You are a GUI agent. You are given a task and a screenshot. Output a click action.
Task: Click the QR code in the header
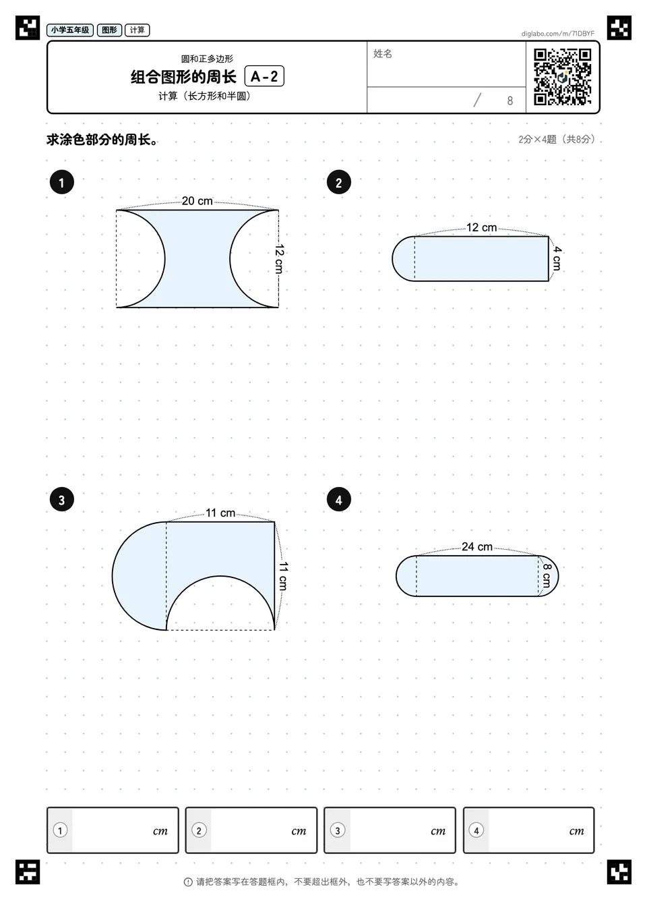tap(563, 77)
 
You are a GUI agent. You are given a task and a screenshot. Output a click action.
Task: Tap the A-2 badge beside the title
tap(264, 76)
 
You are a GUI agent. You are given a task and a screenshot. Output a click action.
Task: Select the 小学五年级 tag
tap(70, 30)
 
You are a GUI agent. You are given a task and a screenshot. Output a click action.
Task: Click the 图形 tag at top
tap(109, 30)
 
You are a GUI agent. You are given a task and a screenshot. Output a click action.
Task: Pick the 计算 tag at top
tap(137, 30)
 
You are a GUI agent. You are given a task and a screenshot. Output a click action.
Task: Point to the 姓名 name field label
tap(383, 53)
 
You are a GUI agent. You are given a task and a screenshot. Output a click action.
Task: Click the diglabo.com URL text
tap(557, 34)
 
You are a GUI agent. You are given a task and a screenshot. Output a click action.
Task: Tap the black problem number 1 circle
tap(62, 182)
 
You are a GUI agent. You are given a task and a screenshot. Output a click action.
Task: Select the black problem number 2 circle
tap(339, 182)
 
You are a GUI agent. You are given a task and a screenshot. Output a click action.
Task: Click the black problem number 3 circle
tap(62, 500)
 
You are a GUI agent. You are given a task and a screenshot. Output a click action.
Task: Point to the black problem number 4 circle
tap(339, 500)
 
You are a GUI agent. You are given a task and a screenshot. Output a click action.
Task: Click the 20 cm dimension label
tap(197, 201)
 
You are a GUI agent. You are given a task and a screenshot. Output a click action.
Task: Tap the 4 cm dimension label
tap(557, 258)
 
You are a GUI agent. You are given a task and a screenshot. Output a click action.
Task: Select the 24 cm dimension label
tap(477, 547)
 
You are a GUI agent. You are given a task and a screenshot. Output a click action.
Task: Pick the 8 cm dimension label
tap(547, 575)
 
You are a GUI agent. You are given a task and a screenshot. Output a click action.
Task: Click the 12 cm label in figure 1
tap(280, 259)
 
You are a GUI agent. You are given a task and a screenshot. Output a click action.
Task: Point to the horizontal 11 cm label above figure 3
tap(220, 513)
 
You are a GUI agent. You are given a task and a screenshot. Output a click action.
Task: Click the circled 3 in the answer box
tap(338, 830)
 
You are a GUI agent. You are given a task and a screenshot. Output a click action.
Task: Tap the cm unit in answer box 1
tap(160, 831)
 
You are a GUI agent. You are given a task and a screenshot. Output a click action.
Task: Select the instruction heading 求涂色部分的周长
tap(102, 140)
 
